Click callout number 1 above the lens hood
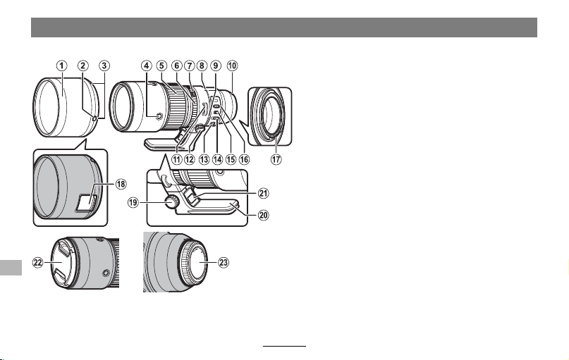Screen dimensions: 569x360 61,66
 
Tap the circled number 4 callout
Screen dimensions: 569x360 146,66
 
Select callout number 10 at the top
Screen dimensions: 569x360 232,66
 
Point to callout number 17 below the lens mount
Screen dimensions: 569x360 276,159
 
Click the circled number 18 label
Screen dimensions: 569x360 121,184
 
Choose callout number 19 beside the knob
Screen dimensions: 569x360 133,202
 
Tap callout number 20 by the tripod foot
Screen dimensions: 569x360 263,215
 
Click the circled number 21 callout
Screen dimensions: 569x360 263,193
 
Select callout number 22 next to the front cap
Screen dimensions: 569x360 38,262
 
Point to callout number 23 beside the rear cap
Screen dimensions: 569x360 224,262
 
